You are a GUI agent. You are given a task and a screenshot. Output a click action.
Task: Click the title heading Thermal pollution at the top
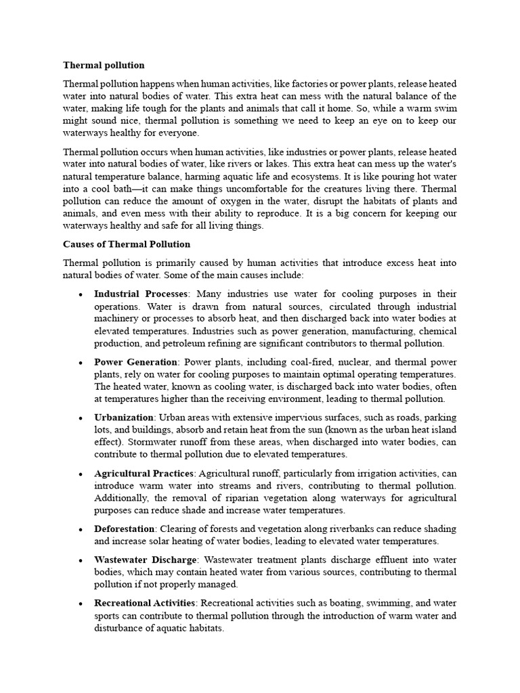(104, 66)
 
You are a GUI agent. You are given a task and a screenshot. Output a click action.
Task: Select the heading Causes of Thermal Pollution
(127, 244)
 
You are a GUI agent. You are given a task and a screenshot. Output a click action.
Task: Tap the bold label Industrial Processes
(140, 294)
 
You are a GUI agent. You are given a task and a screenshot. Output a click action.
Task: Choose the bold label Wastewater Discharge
(146, 560)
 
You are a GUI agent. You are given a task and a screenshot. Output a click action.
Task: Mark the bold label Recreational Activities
(144, 603)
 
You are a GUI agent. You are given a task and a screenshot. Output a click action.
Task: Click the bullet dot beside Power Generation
(81, 363)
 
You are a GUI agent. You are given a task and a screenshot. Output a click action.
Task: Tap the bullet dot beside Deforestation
(81, 529)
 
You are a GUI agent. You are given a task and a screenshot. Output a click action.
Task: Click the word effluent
(379, 560)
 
